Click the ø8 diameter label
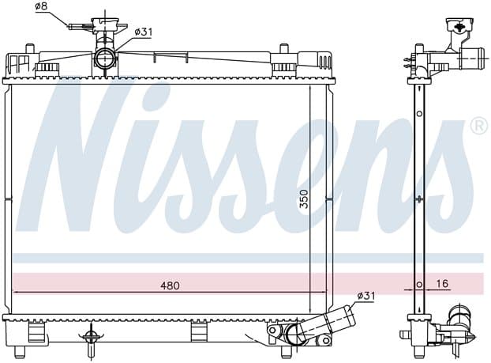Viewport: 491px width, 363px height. [x=41, y=6]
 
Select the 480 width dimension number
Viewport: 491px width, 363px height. [x=170, y=285]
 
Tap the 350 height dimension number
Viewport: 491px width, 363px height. [x=304, y=199]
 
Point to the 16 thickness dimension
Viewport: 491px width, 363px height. [x=442, y=284]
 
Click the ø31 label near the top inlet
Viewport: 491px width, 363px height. [x=144, y=32]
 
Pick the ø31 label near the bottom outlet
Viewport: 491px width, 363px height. [x=366, y=296]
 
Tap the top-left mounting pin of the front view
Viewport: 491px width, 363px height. [x=29, y=48]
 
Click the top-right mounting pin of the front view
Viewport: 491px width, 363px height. [x=284, y=48]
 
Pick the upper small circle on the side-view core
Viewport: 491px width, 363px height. [x=419, y=114]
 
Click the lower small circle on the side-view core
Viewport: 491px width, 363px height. [x=419, y=285]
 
